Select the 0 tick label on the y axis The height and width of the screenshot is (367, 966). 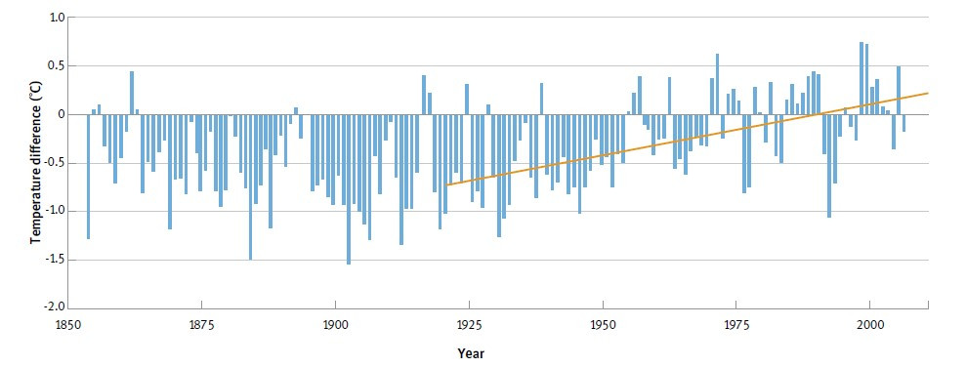point(61,114)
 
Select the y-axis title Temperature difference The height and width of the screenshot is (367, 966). point(35,162)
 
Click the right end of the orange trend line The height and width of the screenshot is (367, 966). point(927,93)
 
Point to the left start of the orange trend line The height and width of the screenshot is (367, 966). point(447,184)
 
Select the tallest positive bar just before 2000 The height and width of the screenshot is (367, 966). point(861,78)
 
